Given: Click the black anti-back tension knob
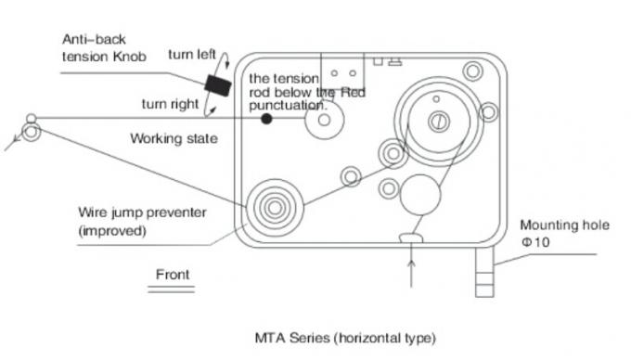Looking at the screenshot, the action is (x=218, y=85).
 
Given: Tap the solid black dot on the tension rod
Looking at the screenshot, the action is (x=266, y=119).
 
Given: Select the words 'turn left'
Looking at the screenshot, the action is (x=192, y=55).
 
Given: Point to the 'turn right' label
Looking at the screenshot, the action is (x=170, y=104).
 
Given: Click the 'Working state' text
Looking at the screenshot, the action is (x=174, y=139).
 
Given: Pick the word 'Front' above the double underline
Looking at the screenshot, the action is (x=173, y=275).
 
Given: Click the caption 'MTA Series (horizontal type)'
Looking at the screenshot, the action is (x=345, y=338).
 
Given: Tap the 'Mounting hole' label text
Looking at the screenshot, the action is (x=564, y=225).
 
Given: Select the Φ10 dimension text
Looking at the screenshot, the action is (x=535, y=242).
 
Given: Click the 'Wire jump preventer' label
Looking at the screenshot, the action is (x=142, y=212).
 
